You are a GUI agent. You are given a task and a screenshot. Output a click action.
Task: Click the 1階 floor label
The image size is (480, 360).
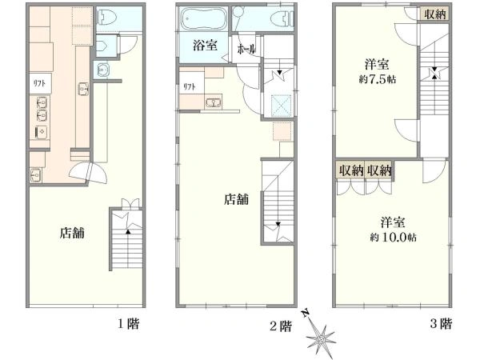(129, 323)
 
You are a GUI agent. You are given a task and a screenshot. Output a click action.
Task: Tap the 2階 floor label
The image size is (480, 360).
(280, 326)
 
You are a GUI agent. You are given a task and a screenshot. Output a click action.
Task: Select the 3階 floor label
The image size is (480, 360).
(441, 323)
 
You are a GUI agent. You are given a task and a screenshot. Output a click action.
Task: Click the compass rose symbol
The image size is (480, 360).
(321, 338)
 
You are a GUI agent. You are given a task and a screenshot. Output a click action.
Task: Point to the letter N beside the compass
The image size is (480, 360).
(305, 314)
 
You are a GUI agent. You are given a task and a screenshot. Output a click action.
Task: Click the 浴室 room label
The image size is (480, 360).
(205, 46)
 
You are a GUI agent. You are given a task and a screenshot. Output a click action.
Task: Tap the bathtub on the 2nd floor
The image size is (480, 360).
(203, 19)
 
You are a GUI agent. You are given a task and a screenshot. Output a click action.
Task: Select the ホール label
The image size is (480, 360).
(246, 49)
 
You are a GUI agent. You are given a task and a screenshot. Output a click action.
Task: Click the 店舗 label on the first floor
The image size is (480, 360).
(72, 234)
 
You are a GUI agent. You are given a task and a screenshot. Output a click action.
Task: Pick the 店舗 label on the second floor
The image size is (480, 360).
(236, 199)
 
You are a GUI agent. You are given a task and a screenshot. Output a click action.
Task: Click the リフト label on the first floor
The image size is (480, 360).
(39, 83)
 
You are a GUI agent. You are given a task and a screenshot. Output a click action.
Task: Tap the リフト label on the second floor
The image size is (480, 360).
(190, 86)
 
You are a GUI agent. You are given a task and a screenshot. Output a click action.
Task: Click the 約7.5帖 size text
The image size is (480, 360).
(378, 79)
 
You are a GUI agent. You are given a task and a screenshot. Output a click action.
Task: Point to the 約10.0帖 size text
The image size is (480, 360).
(393, 238)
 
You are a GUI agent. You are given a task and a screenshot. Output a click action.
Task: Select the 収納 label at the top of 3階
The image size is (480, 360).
(435, 14)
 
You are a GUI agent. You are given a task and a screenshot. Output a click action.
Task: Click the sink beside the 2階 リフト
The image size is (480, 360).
(214, 103)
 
